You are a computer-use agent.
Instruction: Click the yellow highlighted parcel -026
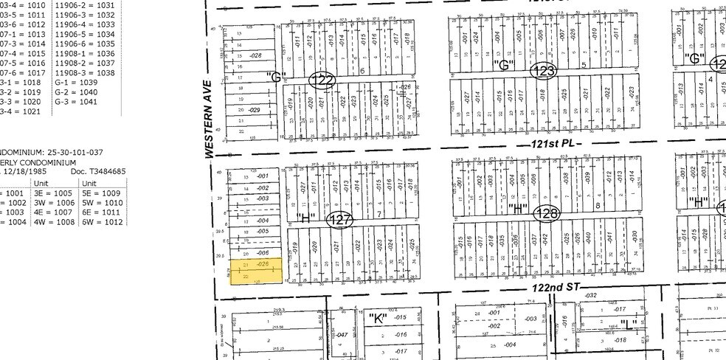(x=254, y=271)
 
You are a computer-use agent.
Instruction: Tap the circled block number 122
(x=322, y=80)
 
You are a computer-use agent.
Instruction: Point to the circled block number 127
(x=340, y=219)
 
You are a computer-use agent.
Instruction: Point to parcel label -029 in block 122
(x=255, y=110)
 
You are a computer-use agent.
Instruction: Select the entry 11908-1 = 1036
(x=86, y=54)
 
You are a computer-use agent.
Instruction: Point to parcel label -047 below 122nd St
(x=342, y=335)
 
